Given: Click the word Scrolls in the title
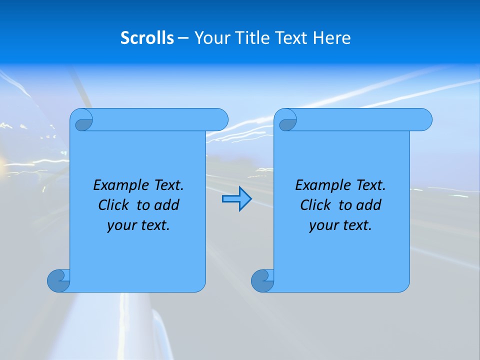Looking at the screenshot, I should [147, 38].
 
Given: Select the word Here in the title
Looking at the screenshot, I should [332, 38].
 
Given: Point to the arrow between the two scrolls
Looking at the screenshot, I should [236, 199].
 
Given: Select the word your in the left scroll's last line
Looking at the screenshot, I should [120, 226].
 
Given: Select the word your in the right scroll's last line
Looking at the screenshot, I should [322, 226].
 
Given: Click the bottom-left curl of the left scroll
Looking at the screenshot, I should [58, 280].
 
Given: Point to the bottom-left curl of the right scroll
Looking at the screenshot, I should [262, 280].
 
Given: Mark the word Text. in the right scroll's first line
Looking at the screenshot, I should [369, 185].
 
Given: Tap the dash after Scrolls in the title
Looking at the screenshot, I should [183, 38].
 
